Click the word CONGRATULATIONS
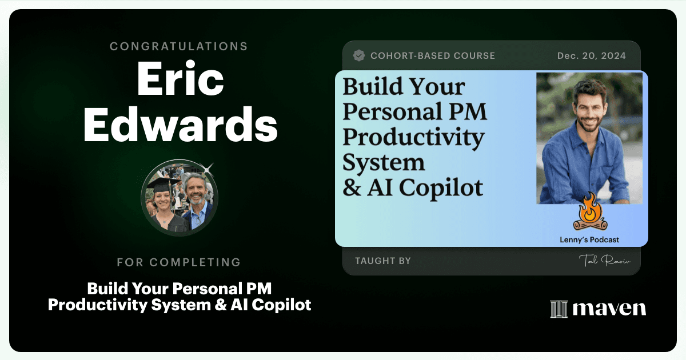pos(178,46)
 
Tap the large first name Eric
pos(181,79)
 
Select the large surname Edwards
pos(181,125)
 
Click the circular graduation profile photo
pos(179,198)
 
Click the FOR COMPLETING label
pos(179,262)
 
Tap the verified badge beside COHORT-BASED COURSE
pos(358,56)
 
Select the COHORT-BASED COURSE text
pos(433,56)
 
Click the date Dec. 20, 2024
pos(591,56)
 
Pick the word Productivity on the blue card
pos(413,138)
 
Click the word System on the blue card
pos(384,162)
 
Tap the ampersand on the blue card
pos(352,187)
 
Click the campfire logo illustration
pos(590,212)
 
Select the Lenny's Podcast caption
pos(589,239)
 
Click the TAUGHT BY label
pos(383,261)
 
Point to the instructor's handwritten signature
pos(605,260)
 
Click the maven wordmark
pos(609,309)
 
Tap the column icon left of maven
pos(559,309)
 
